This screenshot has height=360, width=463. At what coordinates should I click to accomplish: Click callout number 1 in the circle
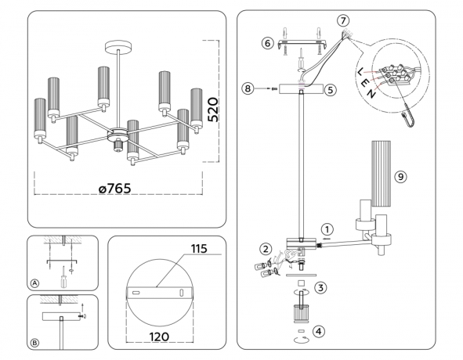click(327, 229)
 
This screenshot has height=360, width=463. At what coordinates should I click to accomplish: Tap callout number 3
click(320, 287)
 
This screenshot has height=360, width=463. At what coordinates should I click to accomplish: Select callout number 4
click(320, 329)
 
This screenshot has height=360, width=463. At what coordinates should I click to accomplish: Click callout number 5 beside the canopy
click(331, 90)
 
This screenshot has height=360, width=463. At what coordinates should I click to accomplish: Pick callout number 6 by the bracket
click(266, 44)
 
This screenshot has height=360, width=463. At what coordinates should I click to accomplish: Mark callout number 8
click(249, 90)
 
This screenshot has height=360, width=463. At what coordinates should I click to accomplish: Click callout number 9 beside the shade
click(400, 177)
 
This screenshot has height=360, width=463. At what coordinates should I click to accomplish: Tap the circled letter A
click(34, 283)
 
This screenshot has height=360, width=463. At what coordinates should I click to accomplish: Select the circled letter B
click(34, 342)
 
